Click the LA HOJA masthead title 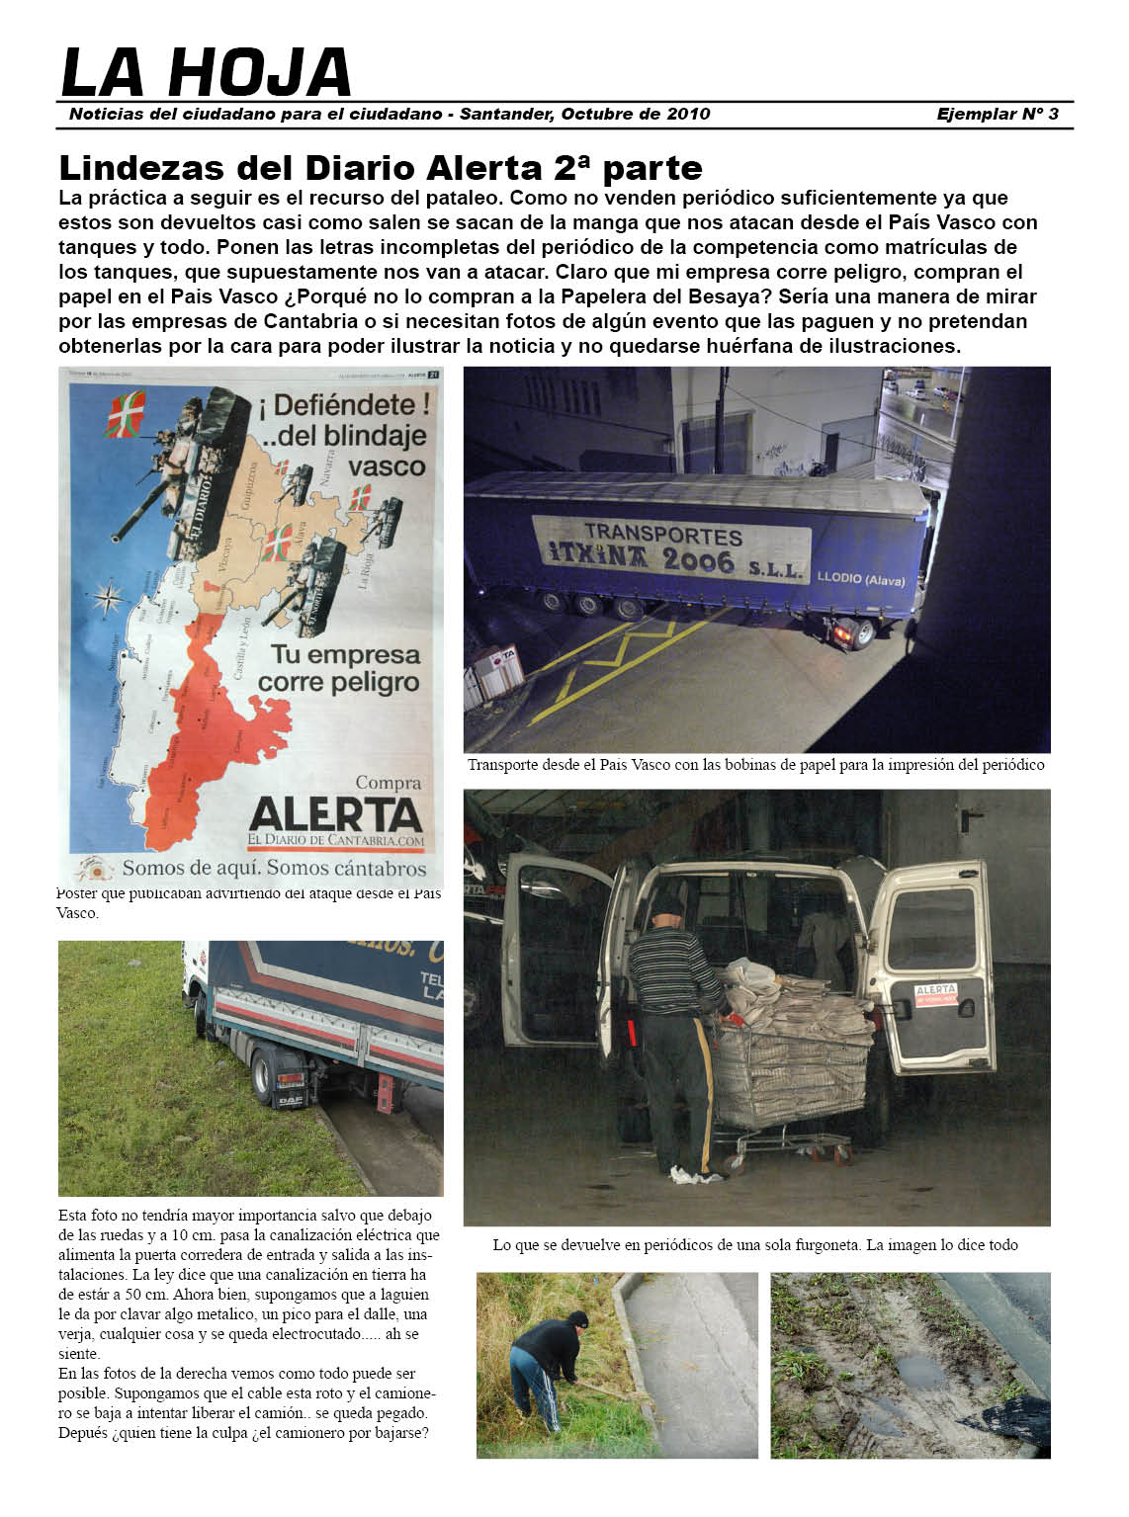206,72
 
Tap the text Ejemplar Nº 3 997,114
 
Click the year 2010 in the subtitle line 688,114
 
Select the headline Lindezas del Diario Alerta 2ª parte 381,167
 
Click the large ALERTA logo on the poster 336,814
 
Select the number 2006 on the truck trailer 698,560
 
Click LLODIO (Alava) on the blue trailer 860,579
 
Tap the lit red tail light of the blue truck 842,632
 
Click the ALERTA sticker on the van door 934,993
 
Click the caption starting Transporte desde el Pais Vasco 755,765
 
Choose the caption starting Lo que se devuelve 755,1245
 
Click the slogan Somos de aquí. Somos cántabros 274,869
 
